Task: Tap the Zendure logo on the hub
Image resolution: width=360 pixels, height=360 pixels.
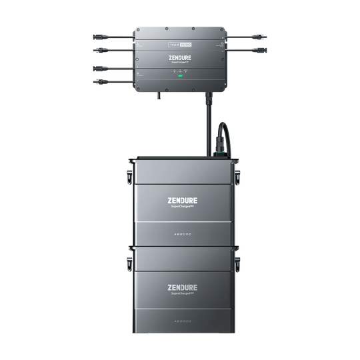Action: (x=179, y=57)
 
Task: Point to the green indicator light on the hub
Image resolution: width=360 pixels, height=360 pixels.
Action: (x=179, y=76)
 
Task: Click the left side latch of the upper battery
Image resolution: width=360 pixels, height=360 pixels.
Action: (x=126, y=178)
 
